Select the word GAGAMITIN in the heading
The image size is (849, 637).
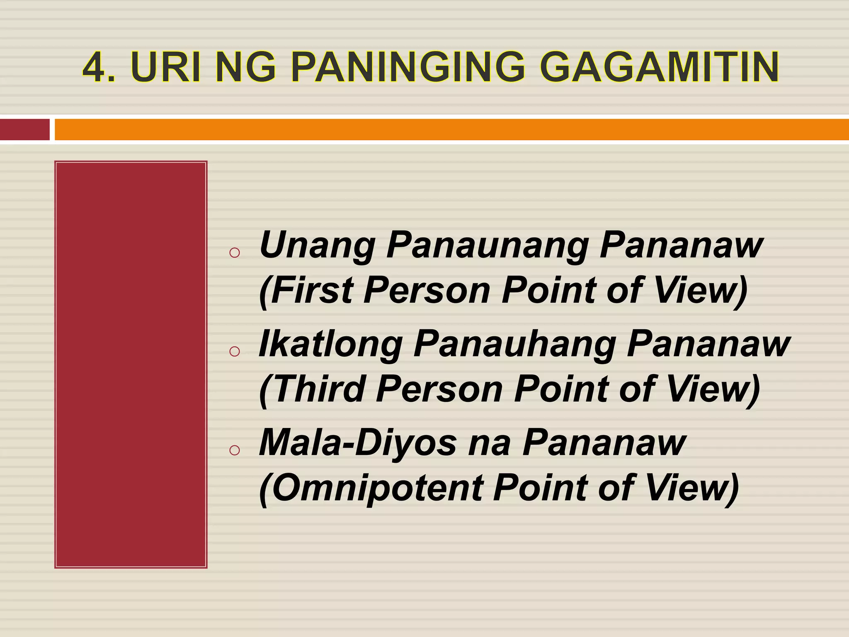[x=659, y=67]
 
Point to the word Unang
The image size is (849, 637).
[x=317, y=246]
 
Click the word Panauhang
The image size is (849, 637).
[x=514, y=345]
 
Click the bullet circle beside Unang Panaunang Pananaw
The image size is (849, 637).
[x=235, y=253]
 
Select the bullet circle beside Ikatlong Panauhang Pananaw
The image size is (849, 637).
[x=235, y=352]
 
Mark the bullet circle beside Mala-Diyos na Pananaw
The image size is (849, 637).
[x=235, y=450]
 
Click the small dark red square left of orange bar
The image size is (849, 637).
[x=24, y=129]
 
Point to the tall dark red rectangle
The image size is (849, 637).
[x=131, y=364]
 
